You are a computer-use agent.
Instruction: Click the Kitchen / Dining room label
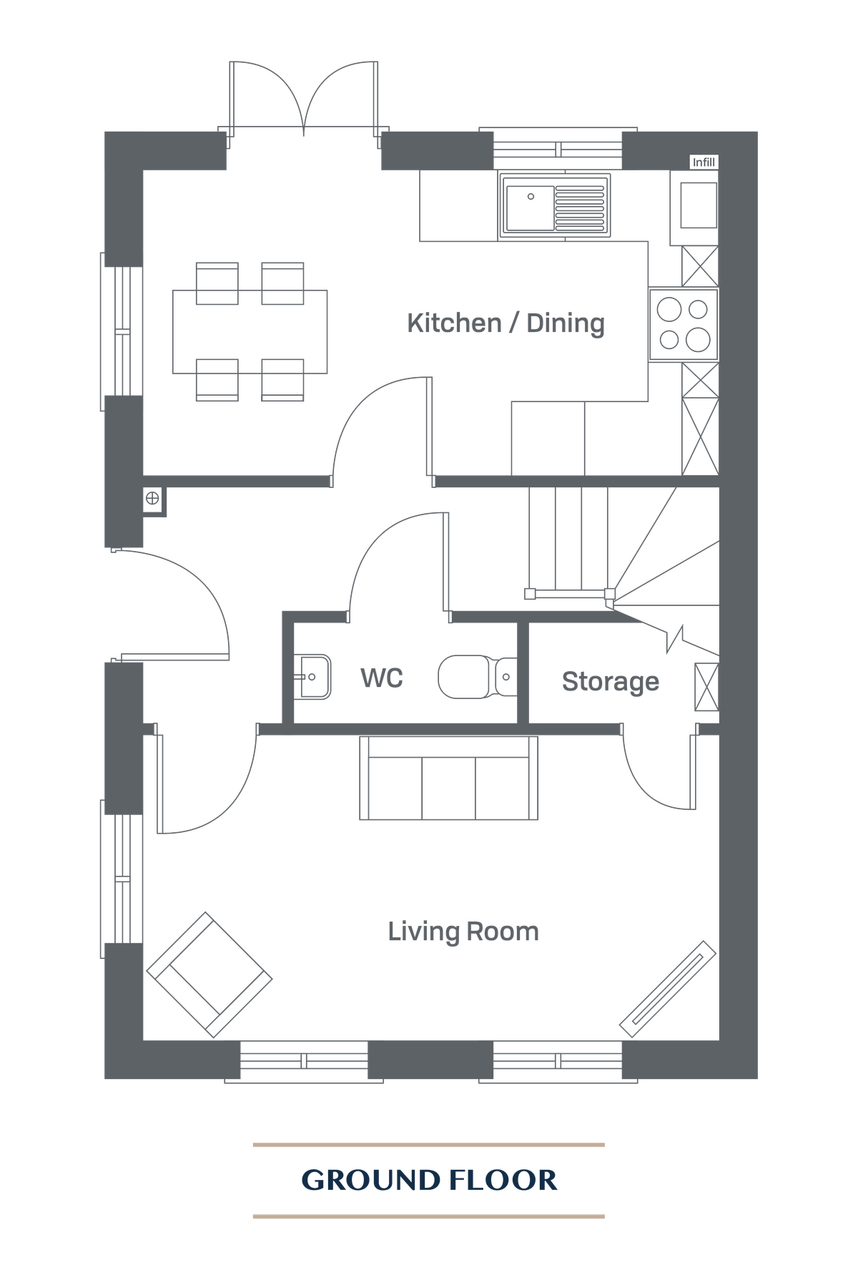[x=506, y=323]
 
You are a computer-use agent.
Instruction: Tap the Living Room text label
[x=463, y=932]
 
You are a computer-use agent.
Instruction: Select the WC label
[x=381, y=678]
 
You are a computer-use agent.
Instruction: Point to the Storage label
[x=610, y=681]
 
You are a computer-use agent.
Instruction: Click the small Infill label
[x=703, y=162]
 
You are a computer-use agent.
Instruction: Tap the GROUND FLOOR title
[x=429, y=1180]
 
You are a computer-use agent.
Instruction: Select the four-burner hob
[x=684, y=324]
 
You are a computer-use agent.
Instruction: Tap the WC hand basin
[x=313, y=676]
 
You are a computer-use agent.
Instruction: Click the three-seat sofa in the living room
[x=448, y=779]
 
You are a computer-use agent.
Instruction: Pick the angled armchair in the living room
[x=209, y=975]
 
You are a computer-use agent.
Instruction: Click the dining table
[x=250, y=331]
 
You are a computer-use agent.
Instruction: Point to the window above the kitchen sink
[x=558, y=149]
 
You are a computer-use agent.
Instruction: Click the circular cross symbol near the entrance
[x=152, y=499]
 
